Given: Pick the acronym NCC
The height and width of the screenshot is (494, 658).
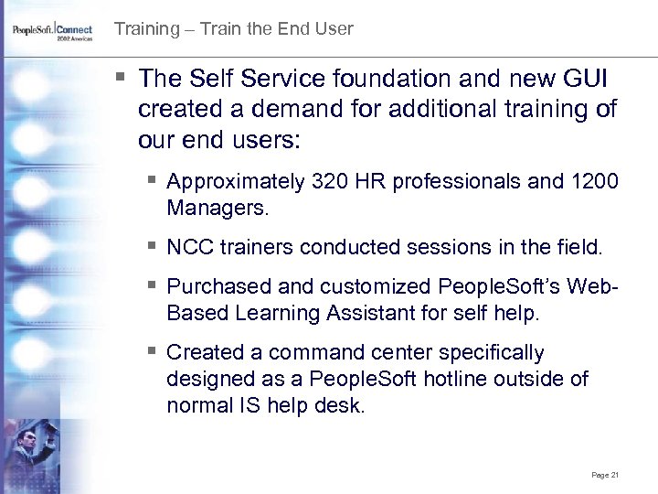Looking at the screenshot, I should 188,248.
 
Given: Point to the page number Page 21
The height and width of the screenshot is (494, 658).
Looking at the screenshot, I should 605,475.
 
